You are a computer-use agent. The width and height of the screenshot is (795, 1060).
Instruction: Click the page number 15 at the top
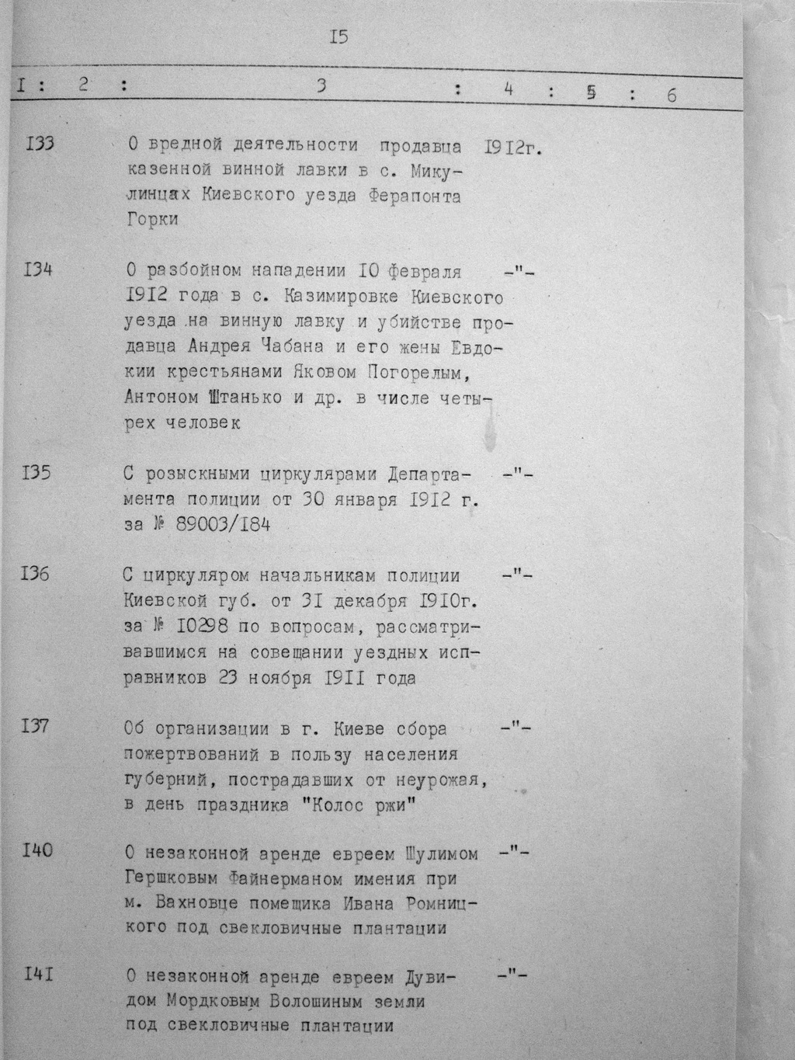[338, 36]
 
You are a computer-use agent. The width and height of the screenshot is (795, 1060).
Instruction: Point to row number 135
[37, 472]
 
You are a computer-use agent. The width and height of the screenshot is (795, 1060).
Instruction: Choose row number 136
[36, 575]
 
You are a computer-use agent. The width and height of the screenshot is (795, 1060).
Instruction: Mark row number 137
[36, 728]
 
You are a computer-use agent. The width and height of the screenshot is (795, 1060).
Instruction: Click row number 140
[37, 850]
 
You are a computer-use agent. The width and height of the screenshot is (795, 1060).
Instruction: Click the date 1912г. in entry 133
[512, 147]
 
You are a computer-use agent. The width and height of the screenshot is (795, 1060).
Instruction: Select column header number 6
[672, 96]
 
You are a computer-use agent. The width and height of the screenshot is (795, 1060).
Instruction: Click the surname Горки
[151, 220]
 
